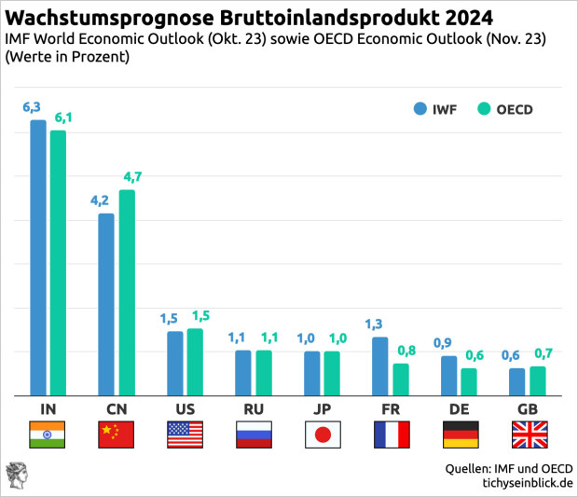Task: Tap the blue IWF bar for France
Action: pos(379,366)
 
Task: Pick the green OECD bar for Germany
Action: pos(469,381)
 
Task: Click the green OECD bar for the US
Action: pos(195,362)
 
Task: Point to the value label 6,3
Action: pos(32,107)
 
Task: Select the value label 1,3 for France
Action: pos(374,324)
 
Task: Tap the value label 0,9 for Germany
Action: pos(443,343)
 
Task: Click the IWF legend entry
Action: pos(436,109)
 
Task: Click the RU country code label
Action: pos(253,410)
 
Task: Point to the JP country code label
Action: pos(322,410)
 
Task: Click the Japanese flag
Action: pos(322,435)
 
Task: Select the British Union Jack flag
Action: pos(530,435)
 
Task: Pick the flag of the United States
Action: pos(185,435)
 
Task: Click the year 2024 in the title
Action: pos(455,18)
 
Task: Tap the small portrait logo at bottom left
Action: pos(16,473)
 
